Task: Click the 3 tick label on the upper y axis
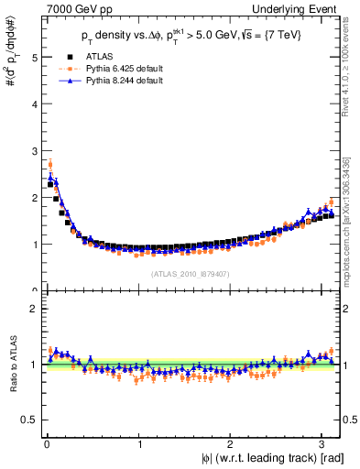[x=34, y=150]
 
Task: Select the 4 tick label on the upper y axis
[x=34, y=104]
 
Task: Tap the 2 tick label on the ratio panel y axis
[x=34, y=309]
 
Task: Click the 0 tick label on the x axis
[x=46, y=443]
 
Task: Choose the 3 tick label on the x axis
[x=324, y=443]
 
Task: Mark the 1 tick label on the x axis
[x=138, y=443]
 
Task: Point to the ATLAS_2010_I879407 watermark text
[x=190, y=273]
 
